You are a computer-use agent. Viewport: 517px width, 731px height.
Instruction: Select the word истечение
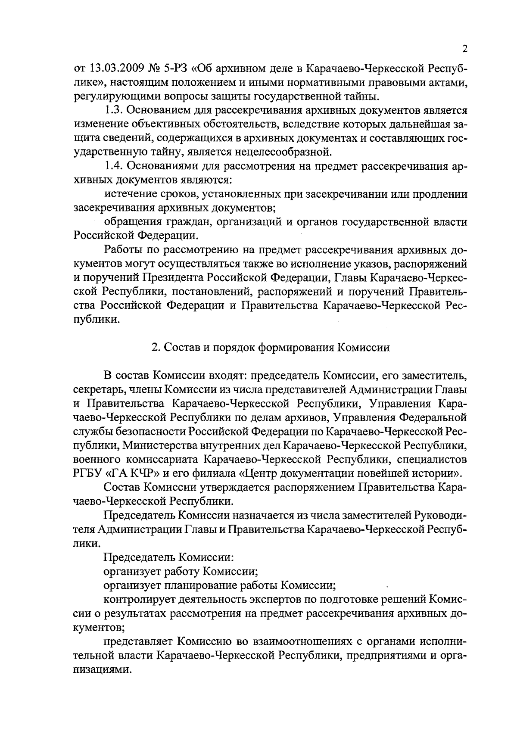click(x=128, y=194)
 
